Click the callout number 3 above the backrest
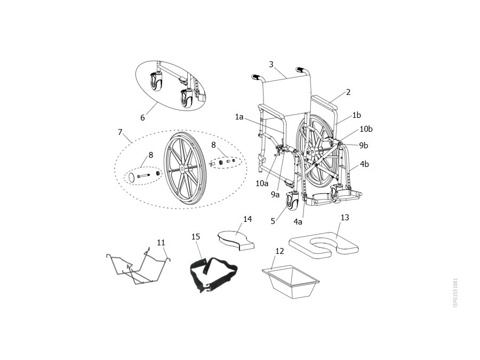click(271, 65)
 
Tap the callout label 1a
click(239, 117)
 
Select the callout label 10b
click(366, 129)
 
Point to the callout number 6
click(142, 118)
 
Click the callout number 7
click(120, 132)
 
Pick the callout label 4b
click(364, 164)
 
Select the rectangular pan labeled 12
click(291, 282)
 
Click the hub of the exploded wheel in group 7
click(182, 168)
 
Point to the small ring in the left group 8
click(131, 178)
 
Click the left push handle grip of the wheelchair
click(255, 76)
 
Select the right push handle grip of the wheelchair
click(301, 69)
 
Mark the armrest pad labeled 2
click(324, 102)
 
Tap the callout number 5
click(273, 221)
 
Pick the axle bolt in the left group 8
click(143, 175)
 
